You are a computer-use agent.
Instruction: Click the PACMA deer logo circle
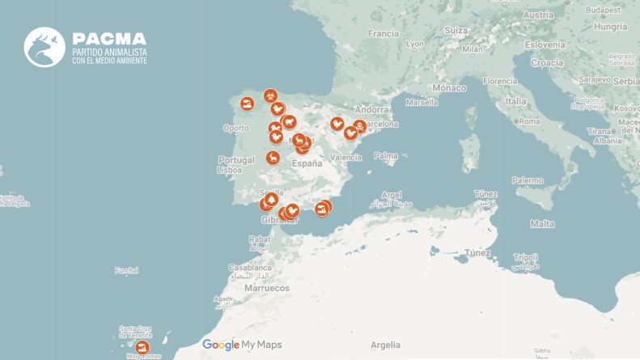coord(45,47)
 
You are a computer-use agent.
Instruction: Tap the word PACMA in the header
coord(109,39)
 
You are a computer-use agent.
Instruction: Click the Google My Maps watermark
coord(242,345)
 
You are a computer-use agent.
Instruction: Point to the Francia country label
coord(384,34)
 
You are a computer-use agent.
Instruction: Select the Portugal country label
coord(236,160)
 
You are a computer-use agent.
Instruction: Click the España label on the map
coord(307,163)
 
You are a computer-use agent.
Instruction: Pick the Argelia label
coord(385,345)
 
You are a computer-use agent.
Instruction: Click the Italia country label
coord(515,101)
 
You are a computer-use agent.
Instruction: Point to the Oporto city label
coord(236,128)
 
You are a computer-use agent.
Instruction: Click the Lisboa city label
coord(231,170)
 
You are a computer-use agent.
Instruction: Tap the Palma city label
coord(386,155)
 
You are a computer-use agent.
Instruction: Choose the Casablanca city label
coord(252,266)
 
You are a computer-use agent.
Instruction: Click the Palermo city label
coord(528,180)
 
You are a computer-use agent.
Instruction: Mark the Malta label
coord(541,223)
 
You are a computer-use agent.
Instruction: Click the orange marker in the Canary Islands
coord(143,347)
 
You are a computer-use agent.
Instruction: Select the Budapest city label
coord(603,9)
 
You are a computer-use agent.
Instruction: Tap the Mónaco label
coord(449,87)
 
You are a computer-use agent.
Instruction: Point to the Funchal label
coord(127,270)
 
